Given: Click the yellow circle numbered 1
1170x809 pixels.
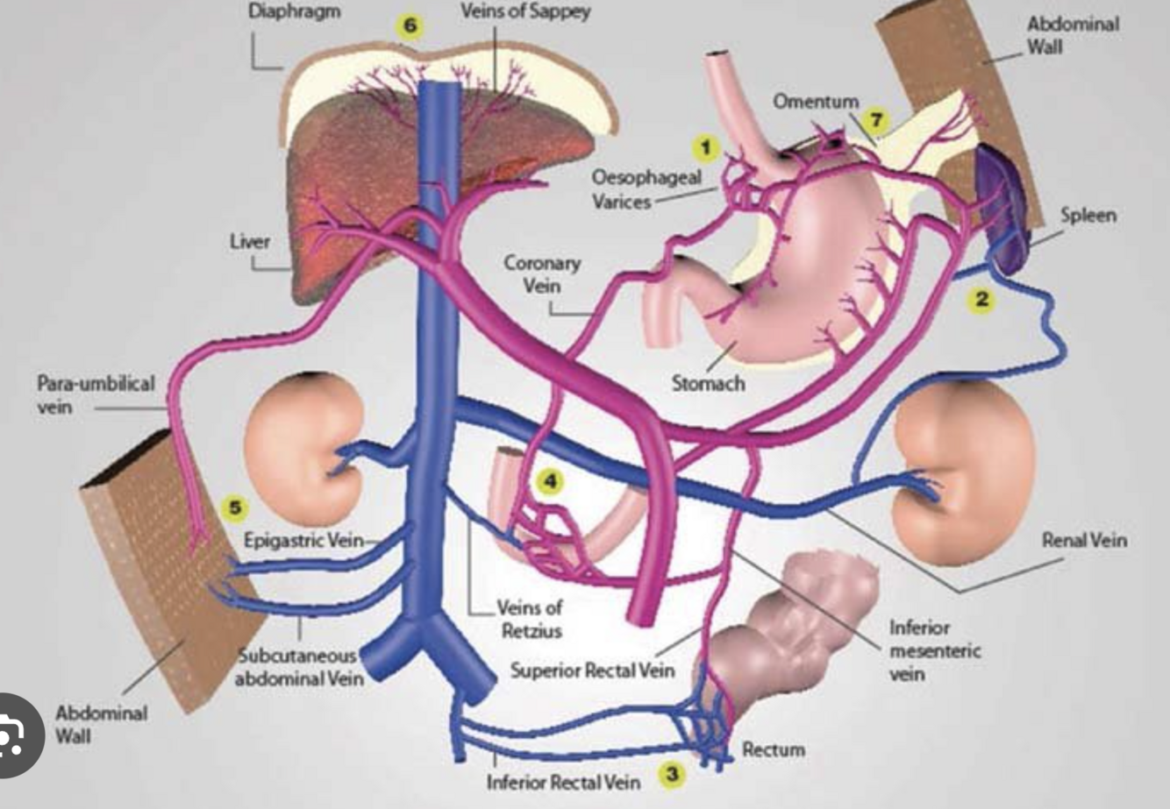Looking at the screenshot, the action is [x=705, y=146].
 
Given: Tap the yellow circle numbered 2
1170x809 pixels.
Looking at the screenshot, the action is [x=981, y=299].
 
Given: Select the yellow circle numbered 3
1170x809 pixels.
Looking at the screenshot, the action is [x=673, y=774].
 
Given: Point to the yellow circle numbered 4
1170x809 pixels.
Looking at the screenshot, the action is [x=549, y=481].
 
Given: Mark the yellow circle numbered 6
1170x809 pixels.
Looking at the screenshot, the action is [x=410, y=25].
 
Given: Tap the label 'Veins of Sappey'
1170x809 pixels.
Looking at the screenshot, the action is [x=525, y=12].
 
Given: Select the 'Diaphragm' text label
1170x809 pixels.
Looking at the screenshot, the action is [x=294, y=12].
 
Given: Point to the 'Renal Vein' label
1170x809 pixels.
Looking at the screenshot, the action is [x=1084, y=541].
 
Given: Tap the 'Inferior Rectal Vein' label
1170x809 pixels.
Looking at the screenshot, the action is [x=563, y=781].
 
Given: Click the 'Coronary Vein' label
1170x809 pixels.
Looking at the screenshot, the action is [x=542, y=273].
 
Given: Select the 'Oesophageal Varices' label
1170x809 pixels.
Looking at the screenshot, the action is [x=646, y=188].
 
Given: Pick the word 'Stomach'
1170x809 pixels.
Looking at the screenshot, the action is [x=708, y=383].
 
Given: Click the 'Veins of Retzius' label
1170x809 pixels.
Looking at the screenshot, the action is [x=529, y=618].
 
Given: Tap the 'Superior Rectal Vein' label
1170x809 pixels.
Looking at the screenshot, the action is [x=593, y=671].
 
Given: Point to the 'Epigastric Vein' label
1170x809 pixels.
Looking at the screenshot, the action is [x=303, y=540].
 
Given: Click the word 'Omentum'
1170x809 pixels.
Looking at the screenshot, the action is [x=815, y=102].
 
